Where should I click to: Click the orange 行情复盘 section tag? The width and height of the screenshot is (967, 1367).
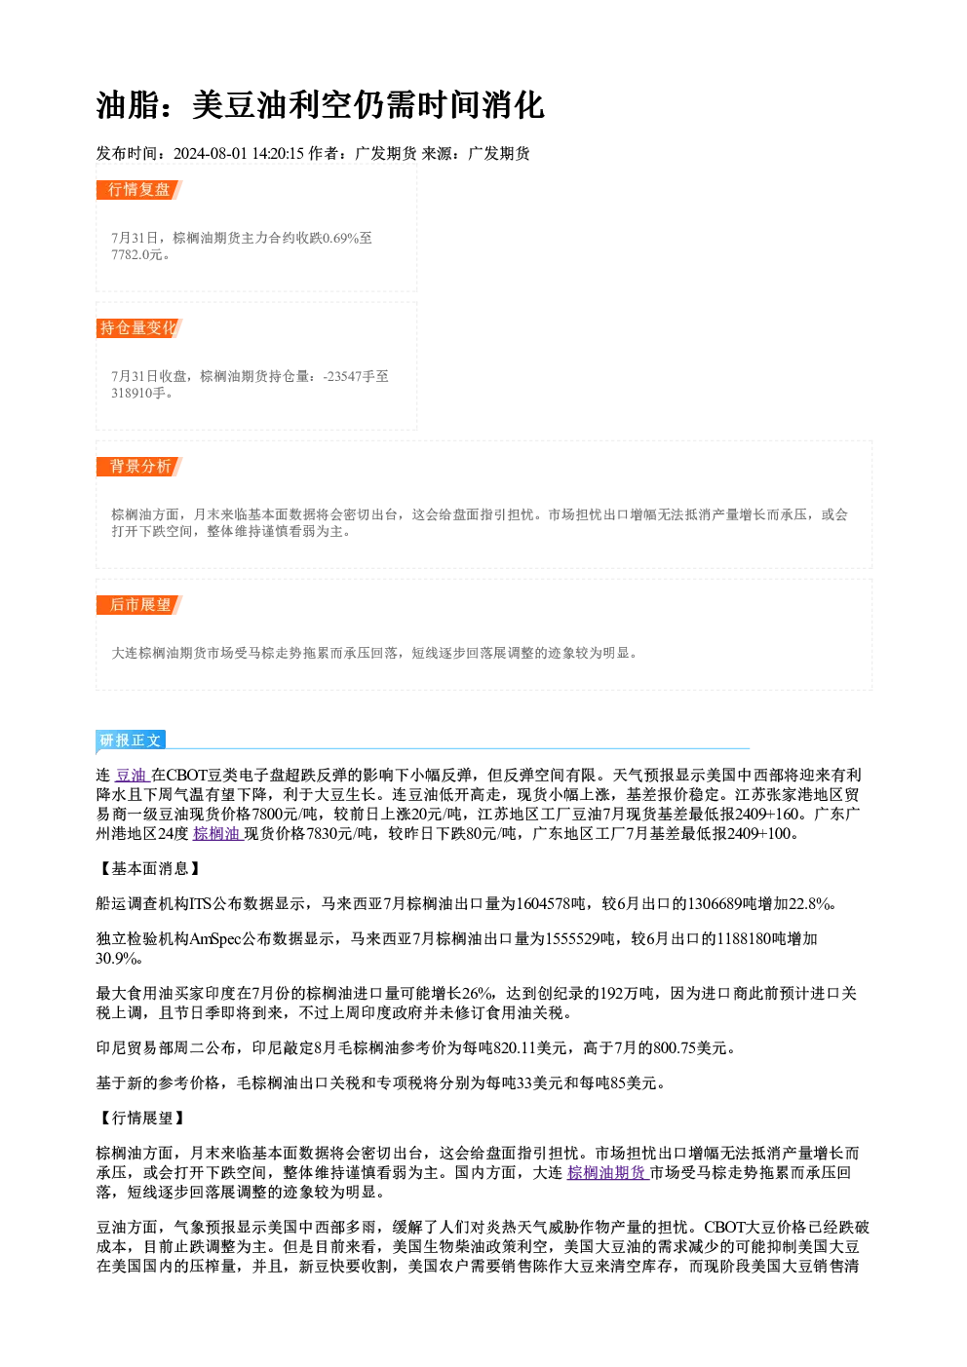pyautogui.click(x=139, y=190)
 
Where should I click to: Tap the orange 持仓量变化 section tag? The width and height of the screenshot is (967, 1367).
pyautogui.click(x=139, y=328)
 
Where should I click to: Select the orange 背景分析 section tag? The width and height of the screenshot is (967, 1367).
pyautogui.click(x=139, y=467)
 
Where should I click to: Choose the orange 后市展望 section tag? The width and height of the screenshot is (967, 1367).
pyautogui.click(x=139, y=605)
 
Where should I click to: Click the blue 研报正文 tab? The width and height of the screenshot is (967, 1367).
pyautogui.click(x=131, y=740)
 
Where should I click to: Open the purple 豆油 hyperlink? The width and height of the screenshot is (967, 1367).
pyautogui.click(x=132, y=775)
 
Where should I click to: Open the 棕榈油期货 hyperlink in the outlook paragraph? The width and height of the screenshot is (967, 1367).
pyautogui.click(x=607, y=1172)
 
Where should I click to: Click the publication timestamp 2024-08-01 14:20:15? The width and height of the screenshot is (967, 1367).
pyautogui.click(x=239, y=153)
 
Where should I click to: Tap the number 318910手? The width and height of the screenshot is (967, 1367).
pyautogui.click(x=138, y=393)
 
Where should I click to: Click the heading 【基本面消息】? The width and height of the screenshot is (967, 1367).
pyautogui.click(x=149, y=868)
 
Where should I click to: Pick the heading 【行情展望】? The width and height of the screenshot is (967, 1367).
pyautogui.click(x=141, y=1118)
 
